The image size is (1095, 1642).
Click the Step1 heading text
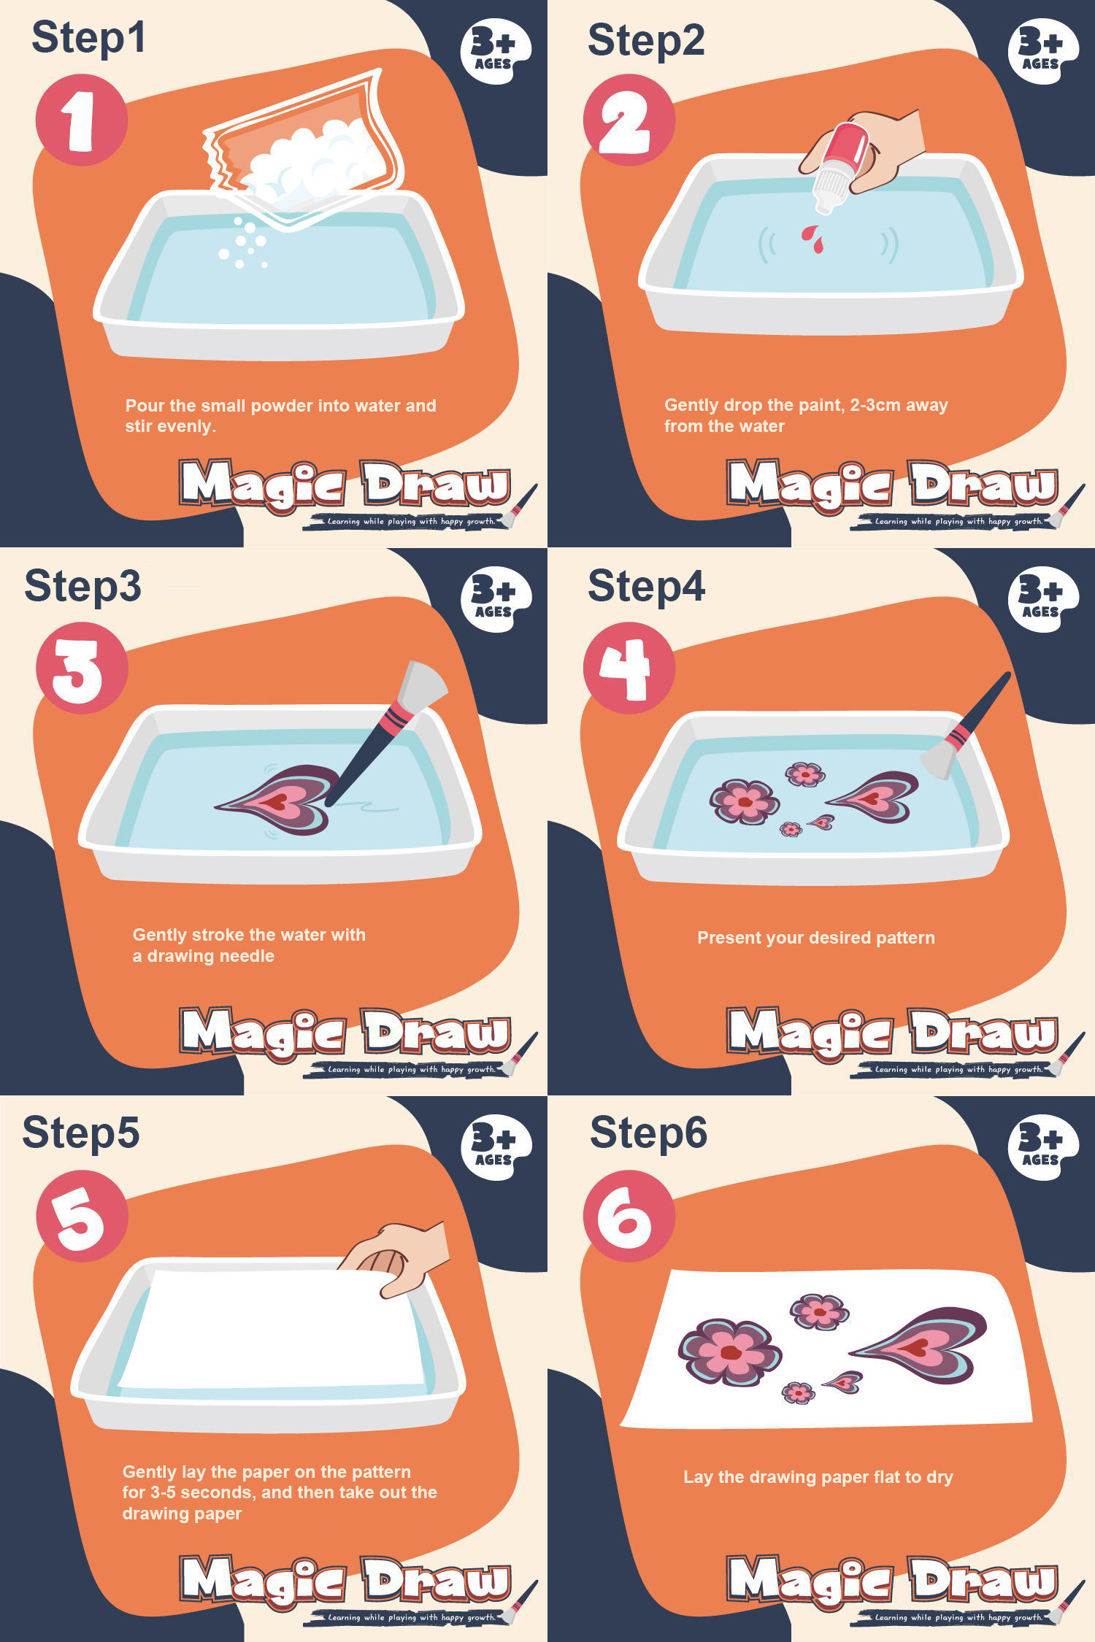[x=88, y=38]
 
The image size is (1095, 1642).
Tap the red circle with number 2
[x=629, y=120]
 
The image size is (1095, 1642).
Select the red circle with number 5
[x=82, y=1216]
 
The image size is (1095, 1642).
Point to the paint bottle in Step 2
[x=839, y=168]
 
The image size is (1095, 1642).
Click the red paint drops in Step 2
[x=812, y=239]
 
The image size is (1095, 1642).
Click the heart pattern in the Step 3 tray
[x=277, y=800]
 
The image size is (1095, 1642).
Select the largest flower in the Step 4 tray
[x=744, y=801]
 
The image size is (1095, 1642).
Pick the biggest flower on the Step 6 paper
[x=729, y=1352]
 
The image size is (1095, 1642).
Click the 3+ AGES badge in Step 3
[x=496, y=598]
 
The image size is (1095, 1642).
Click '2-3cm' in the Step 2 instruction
[x=875, y=405]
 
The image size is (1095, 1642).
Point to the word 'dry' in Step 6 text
[x=940, y=1478]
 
